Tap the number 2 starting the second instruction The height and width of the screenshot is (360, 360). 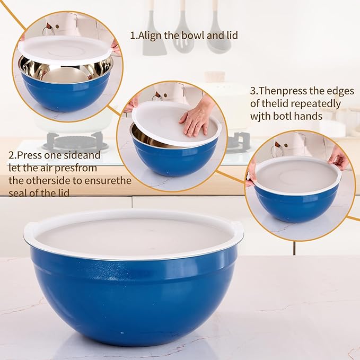coord(11,156)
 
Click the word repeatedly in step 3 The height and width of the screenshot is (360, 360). coord(317,103)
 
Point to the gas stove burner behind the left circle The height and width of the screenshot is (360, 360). coord(74,142)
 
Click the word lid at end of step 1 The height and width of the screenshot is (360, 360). coord(230,36)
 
